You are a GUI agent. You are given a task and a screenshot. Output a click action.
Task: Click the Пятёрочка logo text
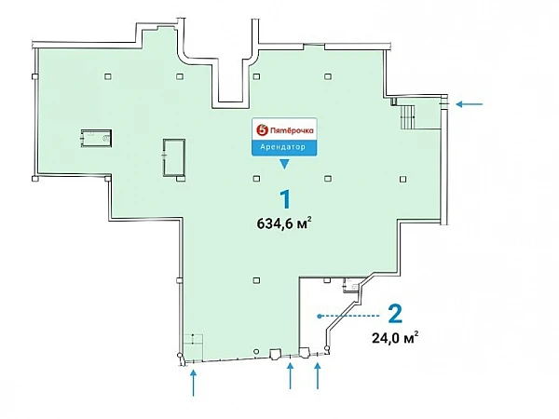[292, 130]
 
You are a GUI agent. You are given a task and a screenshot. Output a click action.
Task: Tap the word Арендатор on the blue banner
[282, 147]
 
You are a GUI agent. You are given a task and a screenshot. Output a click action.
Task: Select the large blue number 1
[286, 199]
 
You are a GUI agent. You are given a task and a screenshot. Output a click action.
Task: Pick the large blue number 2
[395, 314]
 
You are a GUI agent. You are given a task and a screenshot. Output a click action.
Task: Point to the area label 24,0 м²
[395, 337]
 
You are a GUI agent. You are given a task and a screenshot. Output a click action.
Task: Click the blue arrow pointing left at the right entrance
[470, 104]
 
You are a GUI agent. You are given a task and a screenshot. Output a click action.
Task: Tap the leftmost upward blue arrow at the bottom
[193, 383]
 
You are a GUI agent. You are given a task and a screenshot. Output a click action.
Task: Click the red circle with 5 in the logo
[262, 130]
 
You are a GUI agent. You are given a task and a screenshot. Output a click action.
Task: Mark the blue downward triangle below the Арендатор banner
[284, 164]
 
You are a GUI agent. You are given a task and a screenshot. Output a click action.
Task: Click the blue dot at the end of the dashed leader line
[320, 316]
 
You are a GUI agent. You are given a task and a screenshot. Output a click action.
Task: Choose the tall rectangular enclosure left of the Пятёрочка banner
[174, 157]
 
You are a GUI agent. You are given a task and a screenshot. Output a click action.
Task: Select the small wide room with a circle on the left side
[96, 138]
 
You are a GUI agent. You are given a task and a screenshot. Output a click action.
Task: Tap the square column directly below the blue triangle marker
[256, 179]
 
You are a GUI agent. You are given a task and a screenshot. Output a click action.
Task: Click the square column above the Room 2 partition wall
[327, 280]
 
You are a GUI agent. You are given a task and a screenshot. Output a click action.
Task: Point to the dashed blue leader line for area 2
[350, 316]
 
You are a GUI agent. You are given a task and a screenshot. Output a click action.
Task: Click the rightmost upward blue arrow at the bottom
[318, 375]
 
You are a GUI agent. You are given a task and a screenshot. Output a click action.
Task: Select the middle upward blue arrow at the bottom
[290, 375]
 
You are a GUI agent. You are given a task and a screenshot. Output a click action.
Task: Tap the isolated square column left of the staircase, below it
[402, 179]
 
